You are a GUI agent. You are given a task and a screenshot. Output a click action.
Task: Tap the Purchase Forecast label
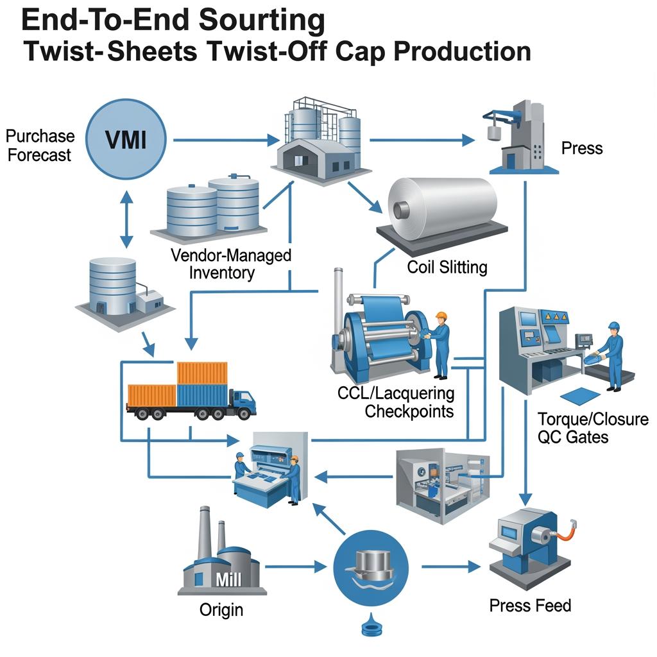click(x=40, y=146)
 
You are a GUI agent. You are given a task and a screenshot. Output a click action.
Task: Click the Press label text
click(x=582, y=148)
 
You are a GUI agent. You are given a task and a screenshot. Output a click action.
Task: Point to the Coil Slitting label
click(x=447, y=267)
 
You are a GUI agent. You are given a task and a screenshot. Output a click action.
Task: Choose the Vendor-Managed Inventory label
click(x=231, y=263)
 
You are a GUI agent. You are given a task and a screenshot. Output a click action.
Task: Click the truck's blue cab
click(x=242, y=404)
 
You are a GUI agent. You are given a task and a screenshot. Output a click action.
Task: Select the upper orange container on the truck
click(x=202, y=373)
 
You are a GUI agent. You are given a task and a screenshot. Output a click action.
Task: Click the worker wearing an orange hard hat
click(x=441, y=344)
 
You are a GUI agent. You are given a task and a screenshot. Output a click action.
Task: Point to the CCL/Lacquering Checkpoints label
click(x=396, y=402)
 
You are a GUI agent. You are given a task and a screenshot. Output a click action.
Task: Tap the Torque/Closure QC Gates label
click(x=593, y=428)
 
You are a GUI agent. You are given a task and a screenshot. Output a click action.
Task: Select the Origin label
click(x=221, y=609)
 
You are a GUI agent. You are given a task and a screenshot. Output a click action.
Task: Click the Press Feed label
click(x=530, y=605)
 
